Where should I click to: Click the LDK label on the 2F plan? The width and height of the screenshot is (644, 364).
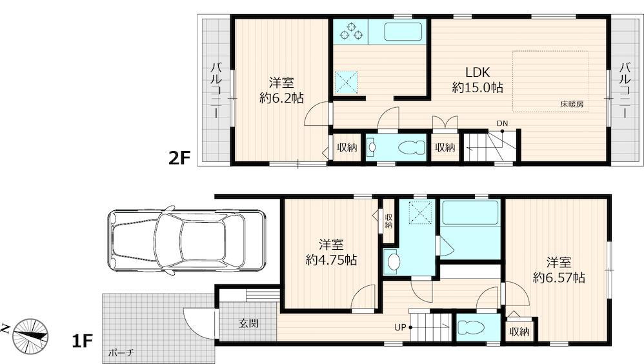pyautogui.click(x=478, y=72)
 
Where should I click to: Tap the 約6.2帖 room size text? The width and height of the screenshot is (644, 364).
pyautogui.click(x=282, y=98)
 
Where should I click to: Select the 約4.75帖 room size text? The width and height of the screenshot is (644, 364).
pyautogui.click(x=331, y=260)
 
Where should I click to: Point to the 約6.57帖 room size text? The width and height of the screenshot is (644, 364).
pyautogui.click(x=559, y=278)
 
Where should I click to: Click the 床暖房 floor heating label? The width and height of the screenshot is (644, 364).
pyautogui.click(x=572, y=104)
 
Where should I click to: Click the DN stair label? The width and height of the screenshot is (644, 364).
pyautogui.click(x=502, y=123)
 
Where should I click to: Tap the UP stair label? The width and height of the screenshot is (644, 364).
pyautogui.click(x=400, y=327)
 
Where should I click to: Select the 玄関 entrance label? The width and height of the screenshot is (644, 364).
pyautogui.click(x=249, y=323)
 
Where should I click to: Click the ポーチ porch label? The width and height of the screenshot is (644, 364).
pyautogui.click(x=121, y=352)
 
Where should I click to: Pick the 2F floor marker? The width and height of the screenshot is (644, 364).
pyautogui.click(x=180, y=157)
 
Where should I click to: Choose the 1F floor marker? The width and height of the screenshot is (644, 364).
pyautogui.click(x=82, y=341)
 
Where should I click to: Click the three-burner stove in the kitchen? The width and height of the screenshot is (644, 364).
pyautogui.click(x=351, y=32)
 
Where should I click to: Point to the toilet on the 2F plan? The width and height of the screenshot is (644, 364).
pyautogui.click(x=412, y=148)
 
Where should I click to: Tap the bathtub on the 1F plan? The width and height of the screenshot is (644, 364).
pyautogui.click(x=470, y=213)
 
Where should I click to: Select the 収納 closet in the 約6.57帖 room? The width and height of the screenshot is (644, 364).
pyautogui.click(x=519, y=331)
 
